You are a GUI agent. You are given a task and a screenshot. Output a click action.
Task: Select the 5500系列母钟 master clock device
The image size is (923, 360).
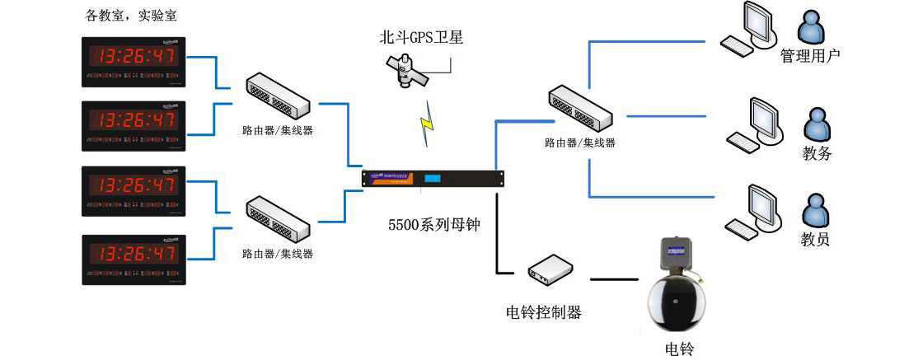click(x=433, y=178)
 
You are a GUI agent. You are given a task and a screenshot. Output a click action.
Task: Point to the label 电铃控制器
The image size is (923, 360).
click(x=543, y=312)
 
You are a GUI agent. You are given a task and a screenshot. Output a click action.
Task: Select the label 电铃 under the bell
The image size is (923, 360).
click(x=680, y=348)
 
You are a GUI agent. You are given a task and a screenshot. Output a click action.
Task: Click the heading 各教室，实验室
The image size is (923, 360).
click(x=131, y=16)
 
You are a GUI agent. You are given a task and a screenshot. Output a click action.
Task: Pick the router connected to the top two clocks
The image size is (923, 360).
click(x=278, y=96)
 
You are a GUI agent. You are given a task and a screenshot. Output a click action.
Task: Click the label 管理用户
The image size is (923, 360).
click(x=809, y=57)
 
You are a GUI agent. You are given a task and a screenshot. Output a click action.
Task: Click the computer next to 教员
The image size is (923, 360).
click(x=752, y=211)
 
